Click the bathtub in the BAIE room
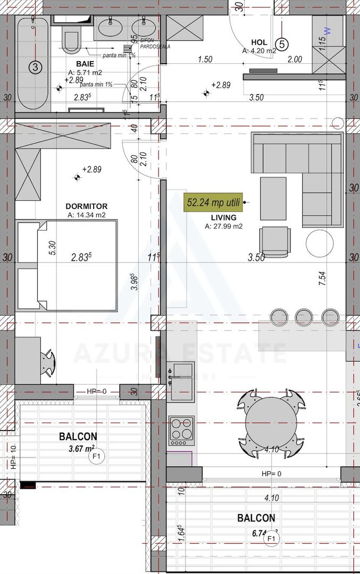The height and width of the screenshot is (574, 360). click(34, 63)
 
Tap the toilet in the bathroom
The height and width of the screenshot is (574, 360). click(71, 39)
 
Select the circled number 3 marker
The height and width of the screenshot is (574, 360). click(35, 67)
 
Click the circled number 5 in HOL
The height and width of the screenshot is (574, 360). click(282, 44)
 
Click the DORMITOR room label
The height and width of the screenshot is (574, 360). click(87, 206)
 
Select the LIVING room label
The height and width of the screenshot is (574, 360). click(223, 217)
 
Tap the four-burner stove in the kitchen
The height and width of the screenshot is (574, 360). click(181, 430)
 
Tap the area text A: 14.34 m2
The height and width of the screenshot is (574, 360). click(87, 215)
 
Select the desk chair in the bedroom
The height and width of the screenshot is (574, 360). click(49, 362)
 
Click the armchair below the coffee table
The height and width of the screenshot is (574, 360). click(275, 241)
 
